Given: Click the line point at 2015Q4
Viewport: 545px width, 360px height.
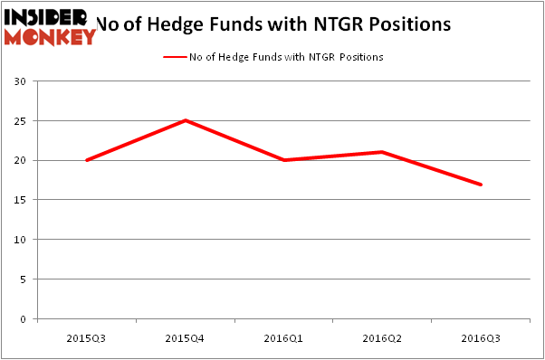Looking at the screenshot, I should click(x=186, y=120).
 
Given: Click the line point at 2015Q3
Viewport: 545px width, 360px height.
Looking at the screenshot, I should click(x=86, y=160).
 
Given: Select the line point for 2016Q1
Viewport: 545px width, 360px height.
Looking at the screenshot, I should click(x=284, y=160).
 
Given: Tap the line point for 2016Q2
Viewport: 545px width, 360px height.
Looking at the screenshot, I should click(x=383, y=152).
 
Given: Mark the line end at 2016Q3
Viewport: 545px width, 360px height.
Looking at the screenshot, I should click(x=481, y=185).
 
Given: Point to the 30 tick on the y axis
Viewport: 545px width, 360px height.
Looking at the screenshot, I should click(x=18, y=81).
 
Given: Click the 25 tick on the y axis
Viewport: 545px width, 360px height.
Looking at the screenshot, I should click(x=18, y=121).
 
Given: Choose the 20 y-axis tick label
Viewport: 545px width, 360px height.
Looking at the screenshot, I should click(x=18, y=161).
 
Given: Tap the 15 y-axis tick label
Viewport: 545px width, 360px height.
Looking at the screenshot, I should click(x=18, y=200).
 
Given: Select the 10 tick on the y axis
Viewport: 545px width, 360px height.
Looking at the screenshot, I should click(x=18, y=240).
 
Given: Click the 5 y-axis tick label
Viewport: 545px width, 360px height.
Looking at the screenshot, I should click(x=21, y=279).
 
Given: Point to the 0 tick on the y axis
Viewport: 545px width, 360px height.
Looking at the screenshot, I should click(x=21, y=319).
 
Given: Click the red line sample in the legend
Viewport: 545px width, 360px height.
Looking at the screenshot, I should click(x=174, y=57).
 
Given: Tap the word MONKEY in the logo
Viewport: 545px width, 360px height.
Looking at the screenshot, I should click(x=50, y=37).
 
